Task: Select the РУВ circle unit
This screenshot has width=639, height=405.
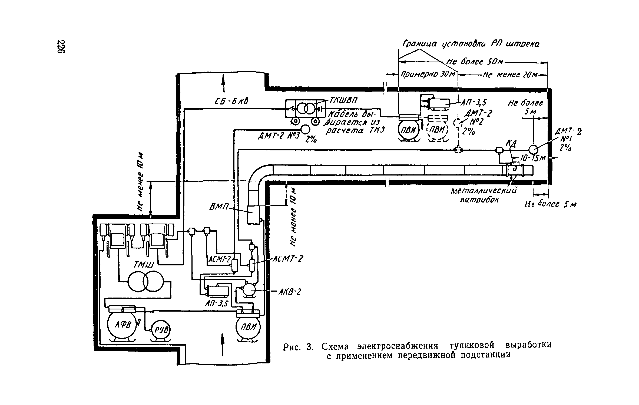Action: (161, 330)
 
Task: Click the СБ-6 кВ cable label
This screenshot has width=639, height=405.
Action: (232, 102)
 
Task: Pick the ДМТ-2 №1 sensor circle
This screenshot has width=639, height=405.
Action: (533, 149)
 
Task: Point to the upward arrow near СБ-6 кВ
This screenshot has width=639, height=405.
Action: (223, 84)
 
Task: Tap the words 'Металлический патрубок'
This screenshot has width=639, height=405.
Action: (483, 195)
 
